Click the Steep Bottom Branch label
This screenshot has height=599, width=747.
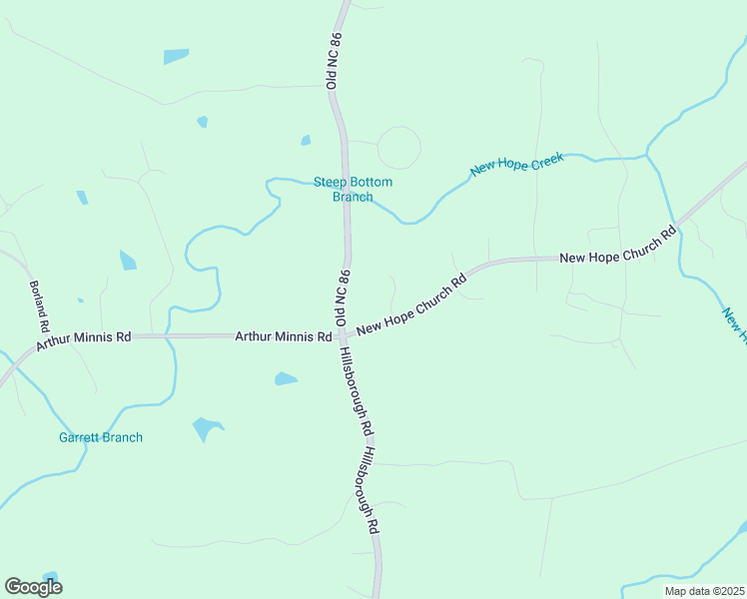[x=353, y=189]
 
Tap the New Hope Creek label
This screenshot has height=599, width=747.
[x=517, y=164]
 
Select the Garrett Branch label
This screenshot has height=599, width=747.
[x=100, y=437]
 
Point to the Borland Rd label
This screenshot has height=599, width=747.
[x=38, y=306]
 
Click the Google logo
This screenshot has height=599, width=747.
[x=33, y=586]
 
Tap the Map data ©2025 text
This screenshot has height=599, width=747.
[x=704, y=591]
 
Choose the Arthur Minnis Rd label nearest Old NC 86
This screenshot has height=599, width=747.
[x=283, y=337]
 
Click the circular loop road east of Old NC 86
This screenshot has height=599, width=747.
[x=398, y=148]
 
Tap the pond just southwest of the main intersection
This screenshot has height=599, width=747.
[x=286, y=379]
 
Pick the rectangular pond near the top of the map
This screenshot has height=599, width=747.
[x=176, y=56]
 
